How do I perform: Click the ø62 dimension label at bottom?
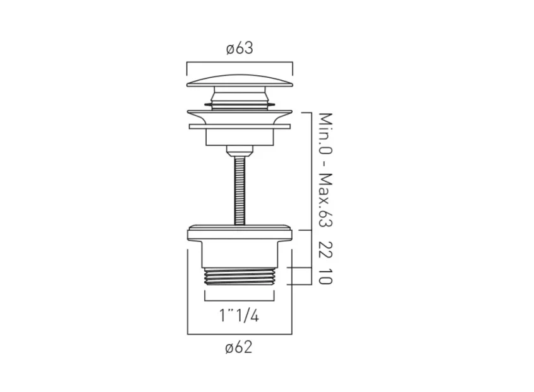tap(239, 347)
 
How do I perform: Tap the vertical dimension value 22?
tap(325, 249)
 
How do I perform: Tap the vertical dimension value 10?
tap(325, 276)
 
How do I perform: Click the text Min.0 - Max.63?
tap(325, 169)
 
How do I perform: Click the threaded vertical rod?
tap(240, 187)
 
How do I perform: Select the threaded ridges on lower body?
tap(240, 276)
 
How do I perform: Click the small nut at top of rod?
tap(240, 150)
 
